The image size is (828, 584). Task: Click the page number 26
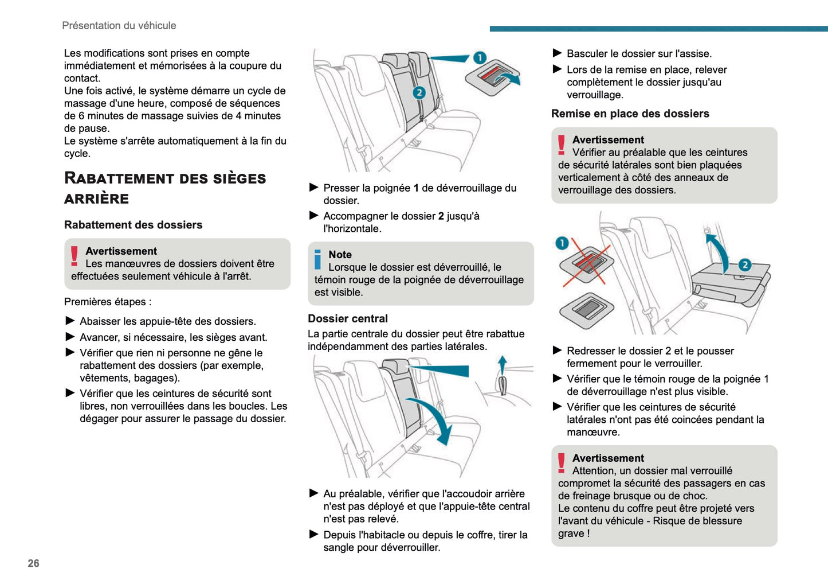(x=33, y=563)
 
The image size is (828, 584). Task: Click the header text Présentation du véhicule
(x=119, y=25)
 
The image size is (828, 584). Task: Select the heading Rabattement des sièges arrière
(x=164, y=188)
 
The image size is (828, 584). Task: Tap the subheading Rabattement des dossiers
(x=133, y=225)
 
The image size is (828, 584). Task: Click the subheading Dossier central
(x=347, y=318)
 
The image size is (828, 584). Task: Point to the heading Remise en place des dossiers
(x=630, y=114)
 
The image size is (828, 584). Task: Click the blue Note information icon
(x=317, y=259)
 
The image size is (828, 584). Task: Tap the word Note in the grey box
(x=340, y=255)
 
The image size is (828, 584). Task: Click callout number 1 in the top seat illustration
(x=480, y=57)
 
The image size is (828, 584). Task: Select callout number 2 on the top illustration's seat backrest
(x=419, y=92)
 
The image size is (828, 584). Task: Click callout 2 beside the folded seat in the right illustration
(x=744, y=264)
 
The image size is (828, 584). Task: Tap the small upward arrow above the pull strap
(x=502, y=364)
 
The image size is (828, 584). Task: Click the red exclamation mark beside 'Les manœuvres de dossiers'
(x=74, y=256)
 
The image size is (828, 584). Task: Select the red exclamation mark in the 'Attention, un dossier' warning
(x=562, y=462)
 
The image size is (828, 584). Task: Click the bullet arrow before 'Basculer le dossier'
(x=557, y=53)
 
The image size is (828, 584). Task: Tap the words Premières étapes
(x=107, y=302)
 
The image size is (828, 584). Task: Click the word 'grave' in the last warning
(x=571, y=534)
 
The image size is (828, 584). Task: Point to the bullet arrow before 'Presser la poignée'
(x=313, y=188)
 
